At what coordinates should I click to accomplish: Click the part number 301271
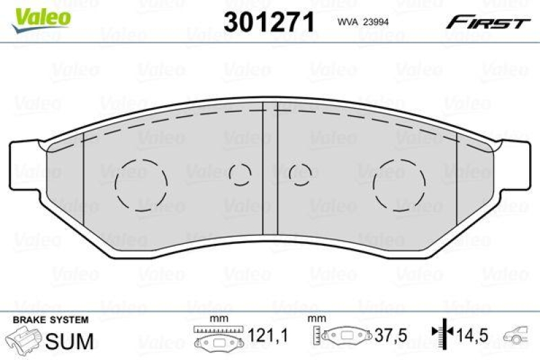[x=269, y=23]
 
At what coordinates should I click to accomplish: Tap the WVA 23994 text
[x=361, y=22]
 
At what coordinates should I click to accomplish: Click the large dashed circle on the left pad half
[x=141, y=184]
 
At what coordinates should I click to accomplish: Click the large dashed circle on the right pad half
[x=399, y=184]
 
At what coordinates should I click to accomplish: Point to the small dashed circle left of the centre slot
[x=240, y=174]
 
